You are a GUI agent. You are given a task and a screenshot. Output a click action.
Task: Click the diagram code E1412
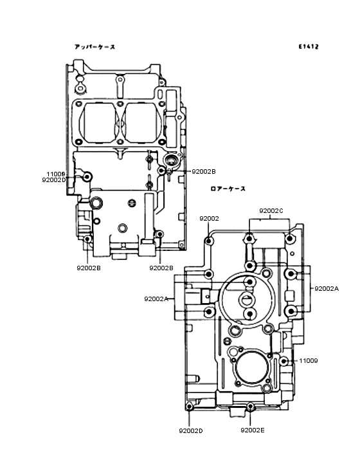[x=309, y=46]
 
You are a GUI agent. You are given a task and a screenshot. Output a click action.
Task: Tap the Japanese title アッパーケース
[x=94, y=46]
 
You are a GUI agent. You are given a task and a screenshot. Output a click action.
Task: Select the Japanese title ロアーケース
[x=228, y=189]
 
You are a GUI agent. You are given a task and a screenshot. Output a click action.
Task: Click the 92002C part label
[x=271, y=211]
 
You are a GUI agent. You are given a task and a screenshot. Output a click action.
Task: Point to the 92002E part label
[x=253, y=430]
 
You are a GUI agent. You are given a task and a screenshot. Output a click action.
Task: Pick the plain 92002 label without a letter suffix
[x=209, y=219]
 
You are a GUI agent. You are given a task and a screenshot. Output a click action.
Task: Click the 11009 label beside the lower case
[x=309, y=360]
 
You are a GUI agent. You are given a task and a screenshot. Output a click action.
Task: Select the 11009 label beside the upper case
[x=56, y=174]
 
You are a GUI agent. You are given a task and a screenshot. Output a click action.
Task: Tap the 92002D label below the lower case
[x=191, y=430]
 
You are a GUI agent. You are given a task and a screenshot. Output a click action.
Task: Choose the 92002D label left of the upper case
[x=54, y=180]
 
